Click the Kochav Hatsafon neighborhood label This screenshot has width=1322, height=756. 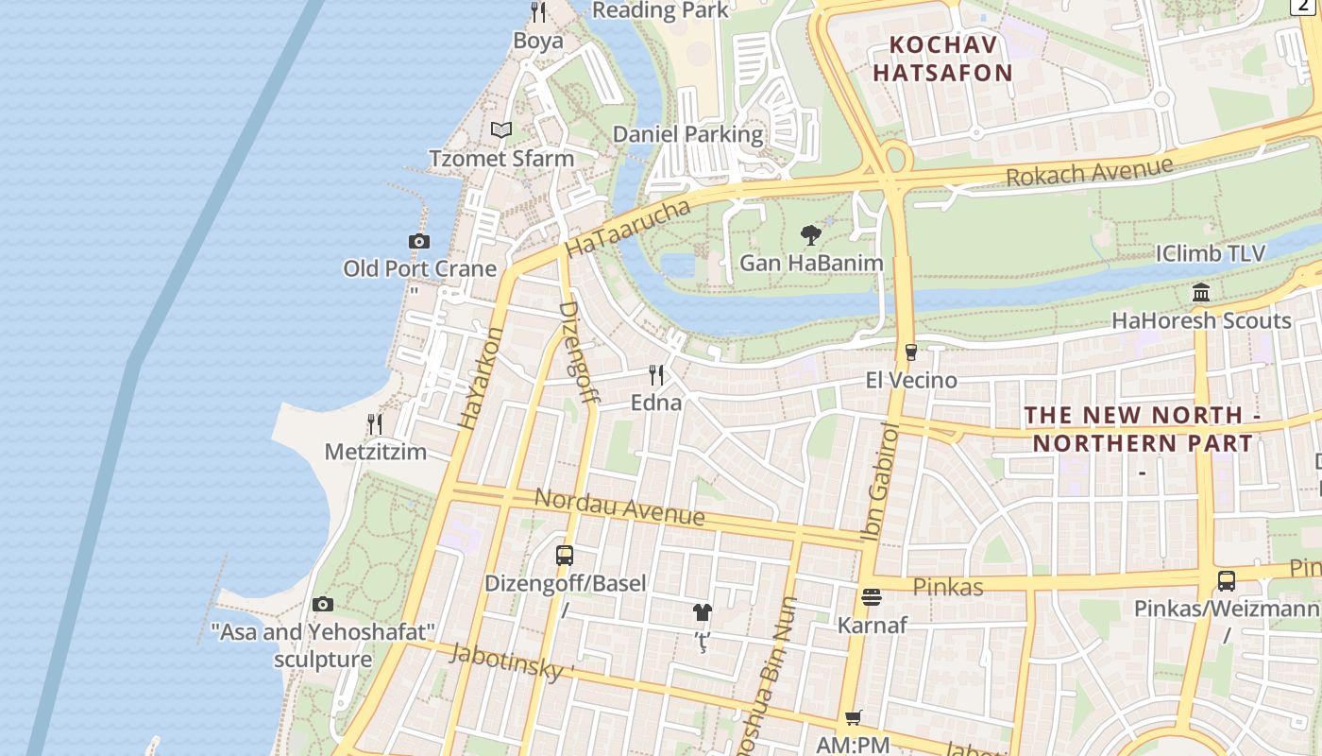pyautogui.click(x=941, y=59)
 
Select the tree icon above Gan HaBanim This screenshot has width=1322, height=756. pyautogui.click(x=810, y=235)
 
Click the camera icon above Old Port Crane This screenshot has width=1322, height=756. pyautogui.click(x=419, y=242)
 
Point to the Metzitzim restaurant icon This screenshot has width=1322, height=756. pyautogui.click(x=375, y=424)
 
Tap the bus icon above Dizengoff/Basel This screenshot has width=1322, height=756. pyautogui.click(x=565, y=556)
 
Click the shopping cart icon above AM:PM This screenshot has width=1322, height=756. pyautogui.click(x=854, y=718)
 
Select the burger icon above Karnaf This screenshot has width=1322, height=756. pyautogui.click(x=871, y=597)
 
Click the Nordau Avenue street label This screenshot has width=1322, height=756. pyautogui.click(x=619, y=507)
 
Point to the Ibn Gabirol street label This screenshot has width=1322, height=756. pyautogui.click(x=879, y=483)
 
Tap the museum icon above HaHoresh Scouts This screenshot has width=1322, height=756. pyautogui.click(x=1201, y=293)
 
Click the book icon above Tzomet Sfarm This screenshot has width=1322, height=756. pyautogui.click(x=501, y=130)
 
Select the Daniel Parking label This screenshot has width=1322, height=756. pyautogui.click(x=687, y=134)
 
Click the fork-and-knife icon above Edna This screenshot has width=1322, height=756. pyautogui.click(x=657, y=375)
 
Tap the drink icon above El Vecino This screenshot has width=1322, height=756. pyautogui.click(x=910, y=352)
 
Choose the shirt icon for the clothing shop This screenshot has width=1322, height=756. pyautogui.click(x=702, y=612)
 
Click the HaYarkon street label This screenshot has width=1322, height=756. pyautogui.click(x=482, y=379)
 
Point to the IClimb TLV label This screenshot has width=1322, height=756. pyautogui.click(x=1211, y=254)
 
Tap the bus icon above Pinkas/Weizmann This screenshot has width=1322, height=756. pyautogui.click(x=1226, y=581)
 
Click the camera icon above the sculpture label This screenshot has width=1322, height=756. pyautogui.click(x=323, y=604)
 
